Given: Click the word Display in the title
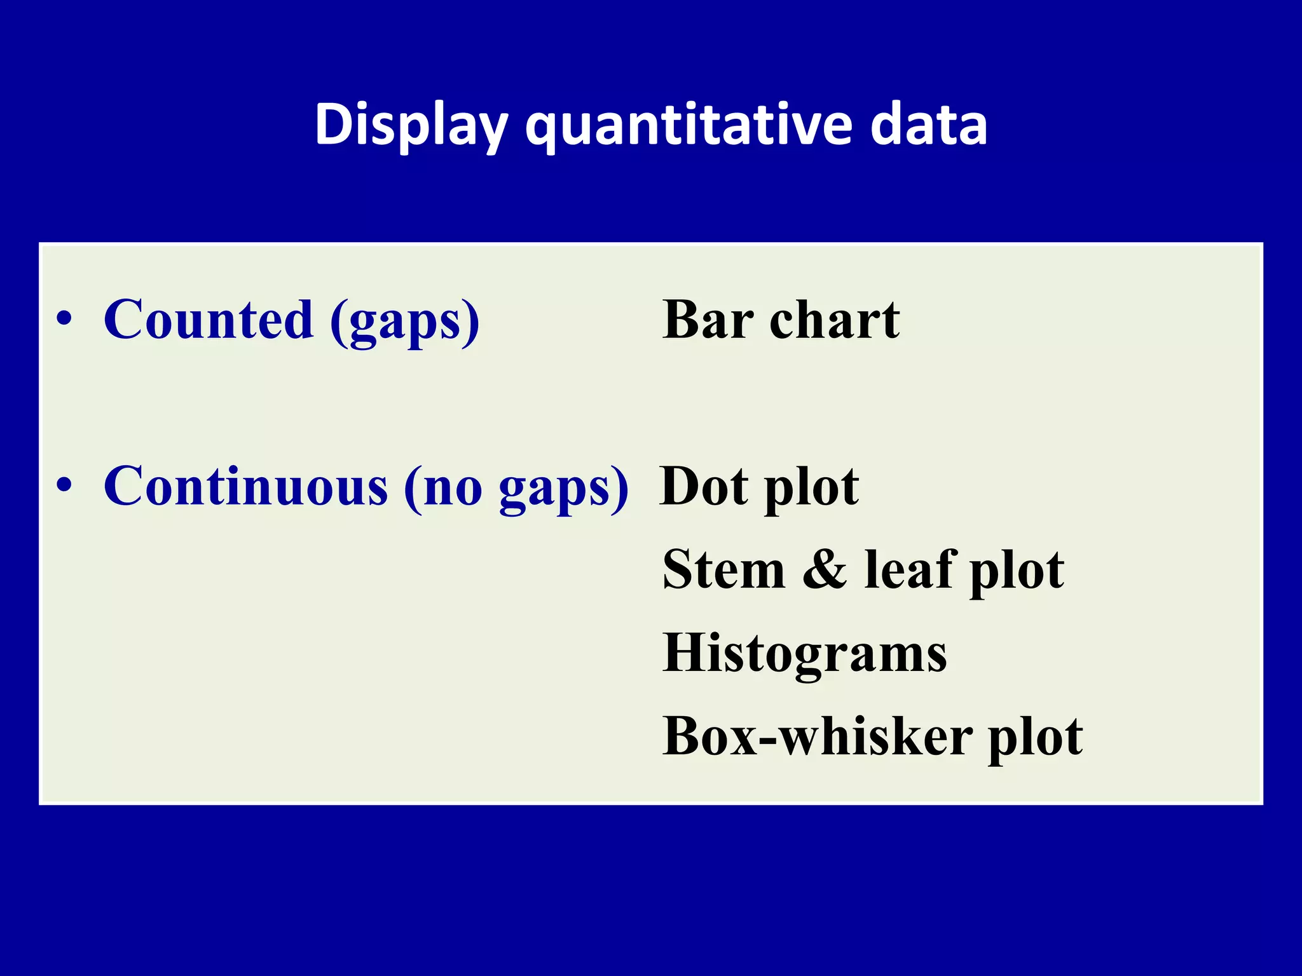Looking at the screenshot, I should point(411,125).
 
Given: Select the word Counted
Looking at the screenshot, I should point(209,320).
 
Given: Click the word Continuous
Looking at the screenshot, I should point(245,486).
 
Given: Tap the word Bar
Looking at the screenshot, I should point(708,320).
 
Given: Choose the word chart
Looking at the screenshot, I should point(835,320).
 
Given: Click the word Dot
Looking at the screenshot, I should point(704,487).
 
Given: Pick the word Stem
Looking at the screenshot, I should point(723,570).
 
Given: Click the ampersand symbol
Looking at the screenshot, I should point(825,570).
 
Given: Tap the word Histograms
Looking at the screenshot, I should point(804,654).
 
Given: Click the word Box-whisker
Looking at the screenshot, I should point(817,737).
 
